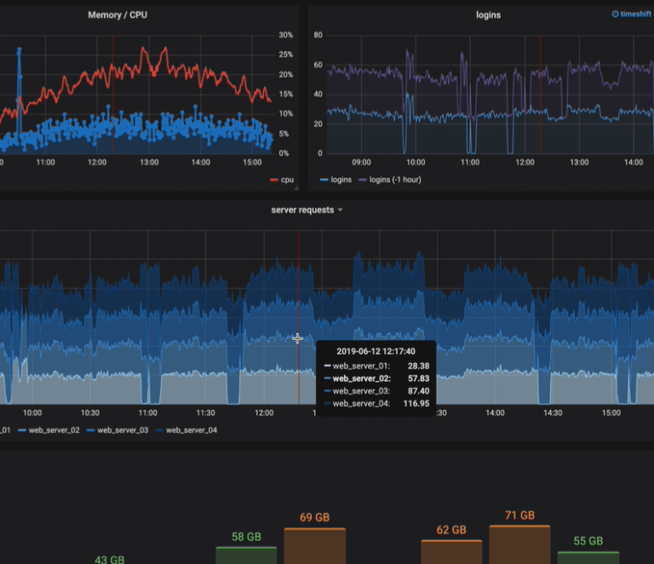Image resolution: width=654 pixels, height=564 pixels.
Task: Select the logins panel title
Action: point(488,15)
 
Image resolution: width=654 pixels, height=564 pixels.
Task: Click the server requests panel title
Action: point(302,210)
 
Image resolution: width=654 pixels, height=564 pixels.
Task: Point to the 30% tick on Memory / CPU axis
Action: point(285,35)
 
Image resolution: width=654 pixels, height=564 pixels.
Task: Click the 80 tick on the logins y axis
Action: point(318,35)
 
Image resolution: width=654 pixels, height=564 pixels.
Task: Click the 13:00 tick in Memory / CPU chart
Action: point(149,162)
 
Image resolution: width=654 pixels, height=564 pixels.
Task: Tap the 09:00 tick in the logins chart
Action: point(361,162)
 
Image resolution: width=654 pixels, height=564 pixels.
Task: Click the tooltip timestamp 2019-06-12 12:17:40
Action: point(376,351)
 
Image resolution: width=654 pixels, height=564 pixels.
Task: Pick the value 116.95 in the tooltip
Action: point(416,404)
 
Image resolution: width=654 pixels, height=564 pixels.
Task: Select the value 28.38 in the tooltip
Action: point(418,365)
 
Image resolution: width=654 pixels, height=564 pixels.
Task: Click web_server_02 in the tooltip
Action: point(361,378)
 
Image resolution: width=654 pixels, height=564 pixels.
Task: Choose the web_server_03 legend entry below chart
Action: point(123,430)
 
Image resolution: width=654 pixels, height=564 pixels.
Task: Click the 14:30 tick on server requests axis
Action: point(554,412)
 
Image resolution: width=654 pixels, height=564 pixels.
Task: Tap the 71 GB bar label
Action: point(519,515)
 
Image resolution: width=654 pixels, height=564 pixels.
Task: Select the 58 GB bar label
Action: point(246,537)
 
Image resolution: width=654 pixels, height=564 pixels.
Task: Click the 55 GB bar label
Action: point(588,541)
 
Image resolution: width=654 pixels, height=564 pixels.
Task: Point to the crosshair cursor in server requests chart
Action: point(297,338)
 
